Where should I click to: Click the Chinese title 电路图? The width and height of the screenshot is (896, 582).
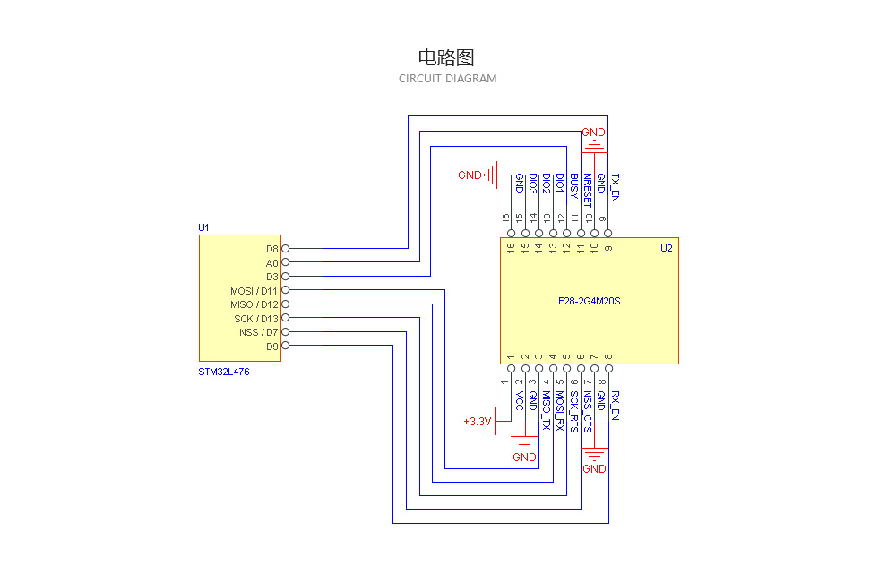(x=446, y=58)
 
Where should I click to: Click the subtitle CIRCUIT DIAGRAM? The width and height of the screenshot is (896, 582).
(x=447, y=79)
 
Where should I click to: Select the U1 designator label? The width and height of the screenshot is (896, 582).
(x=203, y=228)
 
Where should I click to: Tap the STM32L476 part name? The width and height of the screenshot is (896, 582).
(x=224, y=372)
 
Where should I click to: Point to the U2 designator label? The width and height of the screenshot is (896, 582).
(x=666, y=248)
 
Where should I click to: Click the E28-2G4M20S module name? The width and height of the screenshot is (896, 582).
(x=589, y=301)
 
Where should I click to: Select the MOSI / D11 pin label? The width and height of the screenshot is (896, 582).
(x=254, y=291)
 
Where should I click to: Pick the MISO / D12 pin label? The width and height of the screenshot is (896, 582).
(x=254, y=304)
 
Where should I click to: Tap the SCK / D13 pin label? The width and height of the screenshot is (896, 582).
(x=256, y=319)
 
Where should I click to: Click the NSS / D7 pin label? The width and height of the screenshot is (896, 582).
(x=259, y=332)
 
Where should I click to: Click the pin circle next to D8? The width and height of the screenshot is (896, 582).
(x=286, y=249)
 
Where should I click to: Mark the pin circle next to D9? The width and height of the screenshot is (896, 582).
(x=286, y=346)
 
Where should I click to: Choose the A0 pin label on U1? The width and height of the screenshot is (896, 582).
(x=272, y=263)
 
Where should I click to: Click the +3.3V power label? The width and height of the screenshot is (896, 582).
(x=477, y=421)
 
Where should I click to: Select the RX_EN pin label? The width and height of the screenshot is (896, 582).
(x=615, y=406)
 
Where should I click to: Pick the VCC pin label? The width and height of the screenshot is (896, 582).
(x=519, y=400)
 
